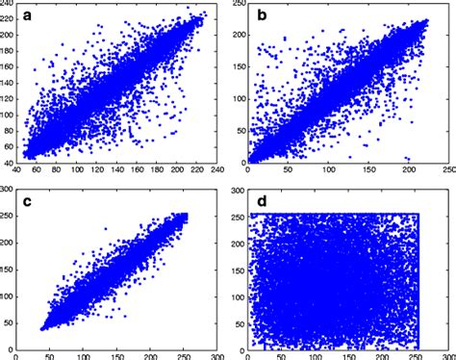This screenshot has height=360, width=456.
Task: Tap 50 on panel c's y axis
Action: pyautogui.click(x=12, y=321)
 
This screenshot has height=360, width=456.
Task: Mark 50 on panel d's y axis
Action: pyautogui.click(x=237, y=321)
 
